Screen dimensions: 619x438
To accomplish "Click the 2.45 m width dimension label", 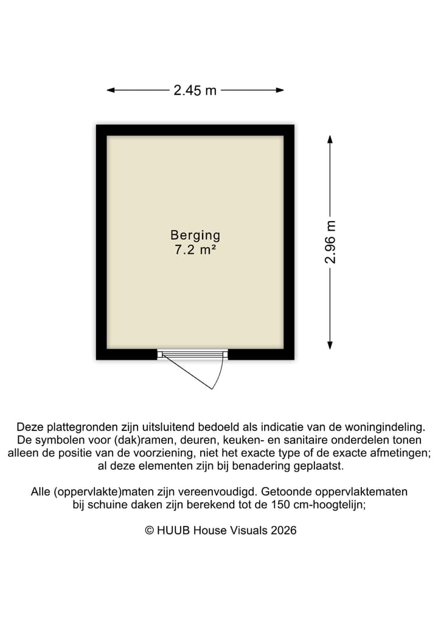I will [195, 91].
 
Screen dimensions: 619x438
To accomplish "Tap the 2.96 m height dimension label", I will [330, 242].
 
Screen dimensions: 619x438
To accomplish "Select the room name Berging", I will [195, 235].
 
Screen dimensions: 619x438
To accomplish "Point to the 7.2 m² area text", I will [195, 249].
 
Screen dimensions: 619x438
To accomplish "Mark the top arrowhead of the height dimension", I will [330, 139].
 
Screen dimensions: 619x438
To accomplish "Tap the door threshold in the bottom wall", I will [192, 354].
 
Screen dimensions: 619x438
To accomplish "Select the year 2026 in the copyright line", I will [283, 530].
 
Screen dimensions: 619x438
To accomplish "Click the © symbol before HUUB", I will [148, 530].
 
